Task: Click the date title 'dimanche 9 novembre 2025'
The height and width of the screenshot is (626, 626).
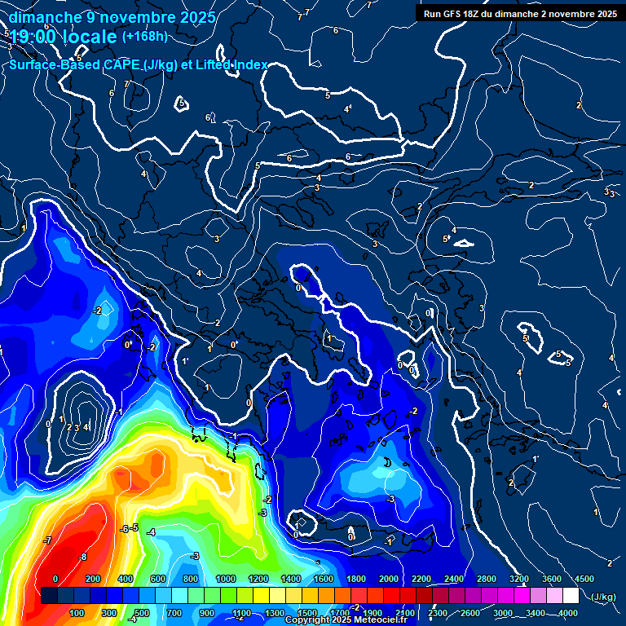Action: (112, 17)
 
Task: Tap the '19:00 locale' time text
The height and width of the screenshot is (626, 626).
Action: (64, 37)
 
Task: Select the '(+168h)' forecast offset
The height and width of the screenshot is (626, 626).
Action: (144, 36)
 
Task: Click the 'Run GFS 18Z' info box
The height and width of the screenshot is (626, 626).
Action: (518, 14)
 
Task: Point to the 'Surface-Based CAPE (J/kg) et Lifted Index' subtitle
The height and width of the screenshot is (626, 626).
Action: (139, 64)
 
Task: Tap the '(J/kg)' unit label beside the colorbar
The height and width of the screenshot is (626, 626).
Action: (604, 597)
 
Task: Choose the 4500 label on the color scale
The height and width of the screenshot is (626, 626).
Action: (584, 579)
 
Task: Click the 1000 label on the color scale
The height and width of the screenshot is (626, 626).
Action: (225, 579)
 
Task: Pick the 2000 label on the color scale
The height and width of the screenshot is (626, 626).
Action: (388, 579)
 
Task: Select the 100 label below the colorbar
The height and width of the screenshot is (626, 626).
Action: (77, 613)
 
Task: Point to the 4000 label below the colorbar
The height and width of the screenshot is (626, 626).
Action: (568, 613)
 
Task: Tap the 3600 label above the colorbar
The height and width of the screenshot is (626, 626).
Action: (552, 579)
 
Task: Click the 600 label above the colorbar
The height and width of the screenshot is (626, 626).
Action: (157, 579)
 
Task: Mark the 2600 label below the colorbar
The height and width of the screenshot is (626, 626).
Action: (469, 613)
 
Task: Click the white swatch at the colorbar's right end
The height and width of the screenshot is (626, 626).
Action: (571, 596)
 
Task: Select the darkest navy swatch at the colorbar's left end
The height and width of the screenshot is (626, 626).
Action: (49, 596)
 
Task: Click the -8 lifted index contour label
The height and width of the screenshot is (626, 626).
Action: (82, 558)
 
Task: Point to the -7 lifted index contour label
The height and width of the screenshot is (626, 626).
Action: (48, 540)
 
